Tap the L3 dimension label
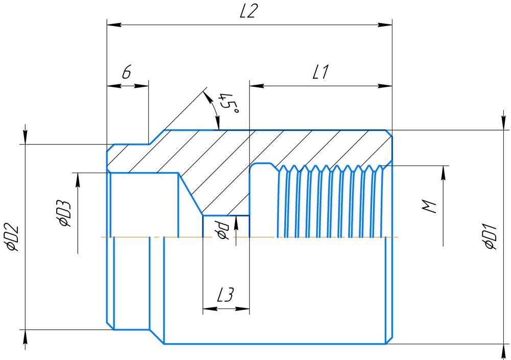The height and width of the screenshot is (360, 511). pos(225,295)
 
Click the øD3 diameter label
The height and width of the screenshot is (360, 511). pos(64,212)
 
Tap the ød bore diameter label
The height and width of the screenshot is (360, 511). pos(221,229)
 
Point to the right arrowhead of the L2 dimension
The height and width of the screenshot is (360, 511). pos(386,24)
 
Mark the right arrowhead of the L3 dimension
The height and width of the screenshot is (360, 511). pos(245,308)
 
